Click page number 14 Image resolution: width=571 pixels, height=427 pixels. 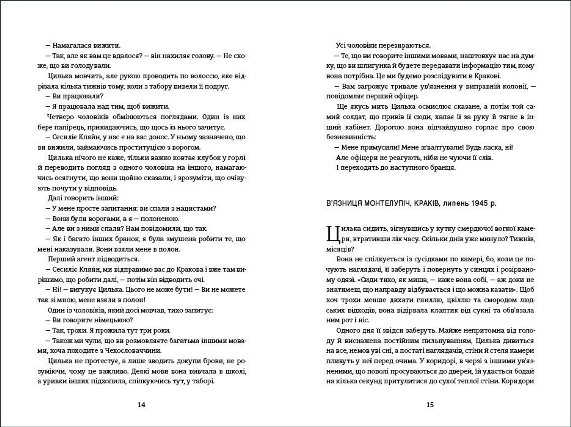tap(142, 405)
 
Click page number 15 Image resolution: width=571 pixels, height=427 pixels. tap(430, 405)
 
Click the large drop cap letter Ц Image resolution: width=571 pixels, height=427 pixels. tap(333, 234)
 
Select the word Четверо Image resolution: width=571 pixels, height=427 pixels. tap(61, 117)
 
